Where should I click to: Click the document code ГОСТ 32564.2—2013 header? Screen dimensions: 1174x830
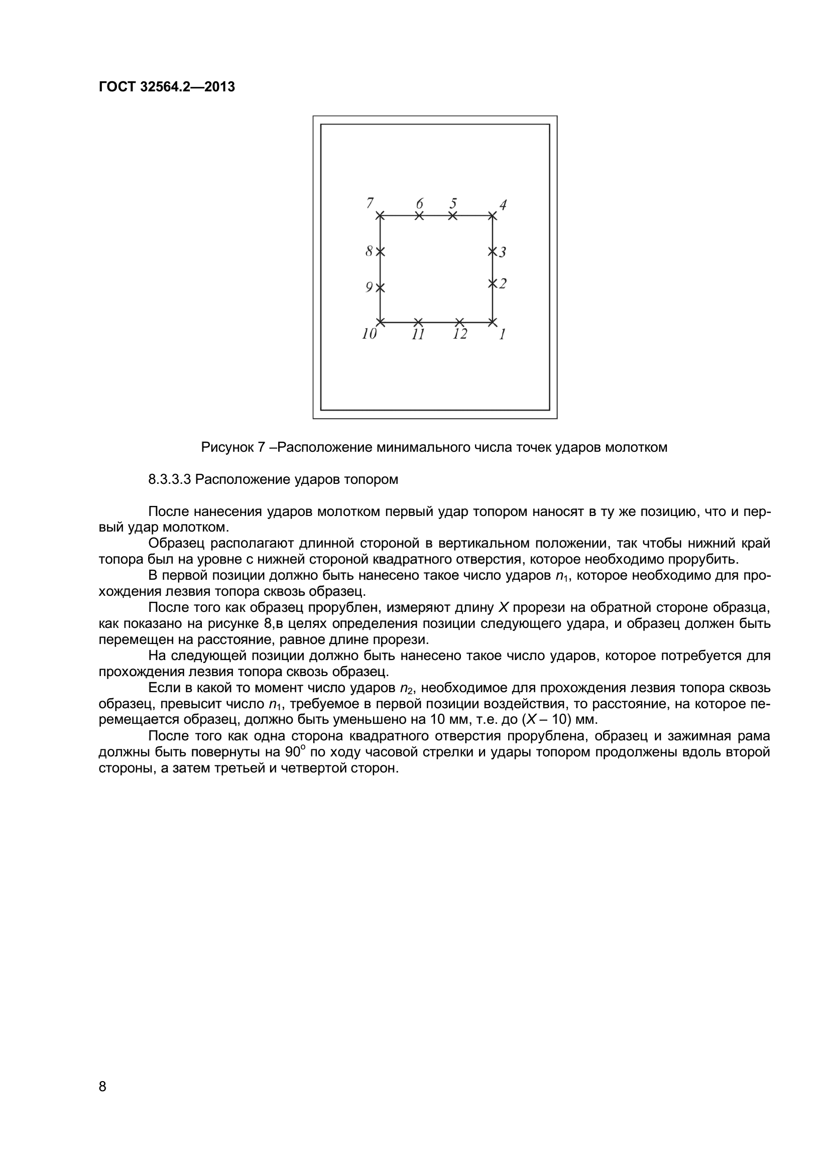point(167,87)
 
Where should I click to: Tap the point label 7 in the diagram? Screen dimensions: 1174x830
point(370,203)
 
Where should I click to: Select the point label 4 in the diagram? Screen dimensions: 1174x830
point(503,205)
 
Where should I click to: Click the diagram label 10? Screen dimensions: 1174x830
point(369,334)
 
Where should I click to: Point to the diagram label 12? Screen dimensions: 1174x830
point(460,334)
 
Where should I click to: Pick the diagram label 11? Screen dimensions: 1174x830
point(418,335)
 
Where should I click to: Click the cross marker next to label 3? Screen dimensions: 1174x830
point(492,251)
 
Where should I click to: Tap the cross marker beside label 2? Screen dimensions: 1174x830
point(492,283)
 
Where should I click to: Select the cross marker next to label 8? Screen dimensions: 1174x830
point(380,251)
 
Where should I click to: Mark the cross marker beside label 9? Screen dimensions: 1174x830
point(380,288)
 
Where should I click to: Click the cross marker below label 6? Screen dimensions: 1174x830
point(419,216)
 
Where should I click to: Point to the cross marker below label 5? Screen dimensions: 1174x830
point(452,216)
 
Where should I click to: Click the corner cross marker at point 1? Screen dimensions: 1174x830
point(492,322)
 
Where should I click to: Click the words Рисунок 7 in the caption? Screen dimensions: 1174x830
point(232,448)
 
